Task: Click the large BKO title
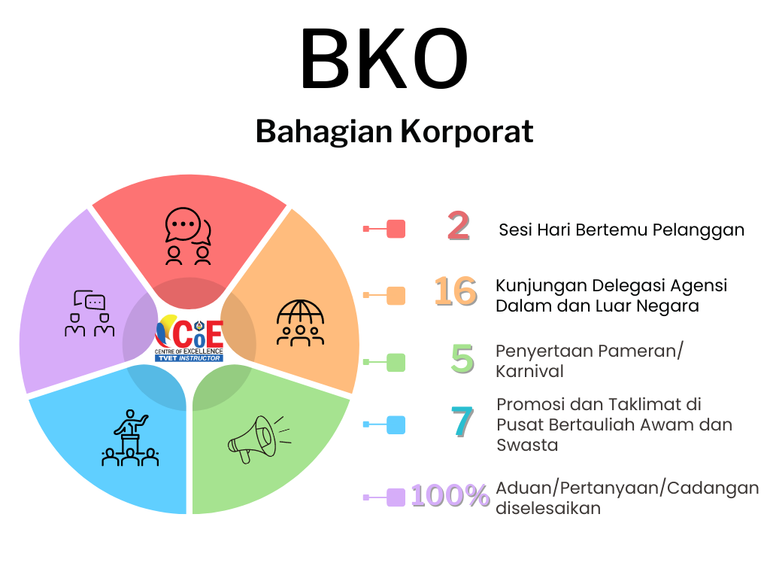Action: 384,59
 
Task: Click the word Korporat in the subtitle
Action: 466,132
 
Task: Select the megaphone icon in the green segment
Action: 259,439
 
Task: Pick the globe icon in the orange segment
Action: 301,323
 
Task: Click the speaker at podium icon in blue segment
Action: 130,438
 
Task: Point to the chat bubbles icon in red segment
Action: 188,236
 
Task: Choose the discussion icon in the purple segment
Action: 89,313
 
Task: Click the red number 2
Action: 459,226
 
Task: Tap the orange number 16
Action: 456,291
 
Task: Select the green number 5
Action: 462,359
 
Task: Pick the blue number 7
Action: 462,421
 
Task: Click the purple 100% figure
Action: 450,495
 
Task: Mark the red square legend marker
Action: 396,229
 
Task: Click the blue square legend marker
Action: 396,425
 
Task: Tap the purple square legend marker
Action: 396,497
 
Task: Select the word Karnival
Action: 529,372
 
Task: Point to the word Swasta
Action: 527,446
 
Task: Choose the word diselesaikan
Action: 548,508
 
